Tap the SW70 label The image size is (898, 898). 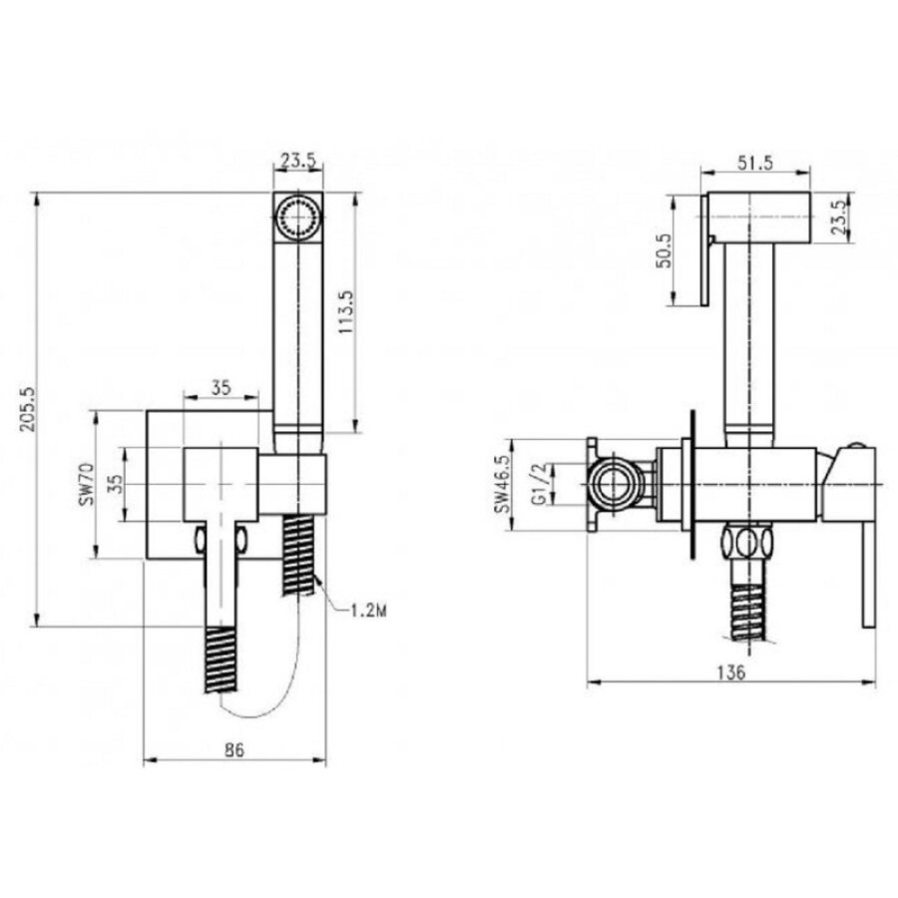[x=86, y=485]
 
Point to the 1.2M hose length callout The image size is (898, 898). [x=368, y=611]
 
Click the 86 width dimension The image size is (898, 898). [x=234, y=749]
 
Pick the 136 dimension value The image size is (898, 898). [x=732, y=672]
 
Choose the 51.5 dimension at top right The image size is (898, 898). [x=755, y=163]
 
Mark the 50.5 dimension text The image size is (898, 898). [x=665, y=250]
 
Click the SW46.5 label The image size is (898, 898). [x=503, y=485]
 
